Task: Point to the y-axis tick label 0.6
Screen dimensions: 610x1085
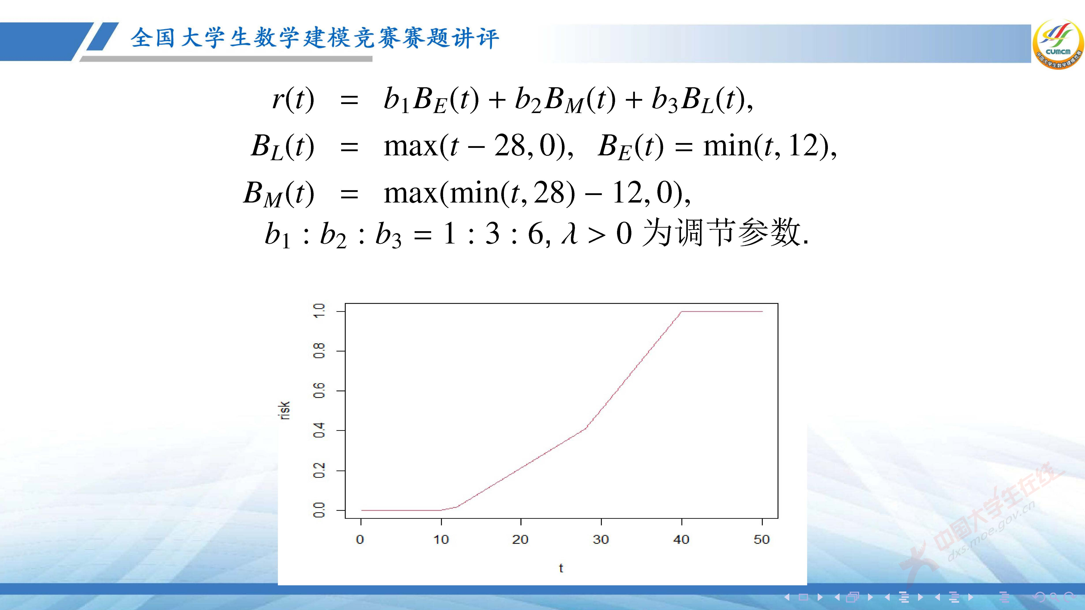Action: (x=319, y=391)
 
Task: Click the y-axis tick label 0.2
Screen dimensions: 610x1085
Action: (x=319, y=470)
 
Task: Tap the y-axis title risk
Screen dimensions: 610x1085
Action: (x=285, y=411)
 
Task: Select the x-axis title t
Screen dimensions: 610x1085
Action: (x=561, y=568)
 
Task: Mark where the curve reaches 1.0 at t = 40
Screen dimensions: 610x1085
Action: (x=681, y=312)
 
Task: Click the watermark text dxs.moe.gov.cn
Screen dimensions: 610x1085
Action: (x=990, y=533)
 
